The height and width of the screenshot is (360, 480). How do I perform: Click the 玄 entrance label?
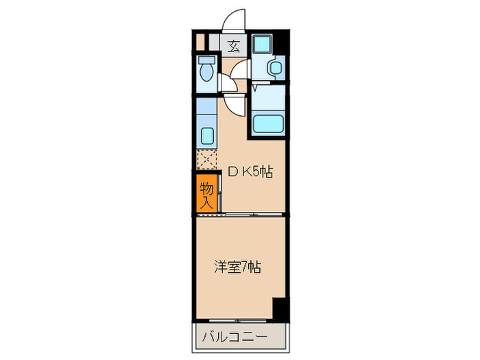(234, 47)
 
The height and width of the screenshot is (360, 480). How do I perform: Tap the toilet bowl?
(205, 73)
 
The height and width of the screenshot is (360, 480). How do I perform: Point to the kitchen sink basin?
(205, 132)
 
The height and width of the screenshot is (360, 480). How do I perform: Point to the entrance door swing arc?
(235, 21)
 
